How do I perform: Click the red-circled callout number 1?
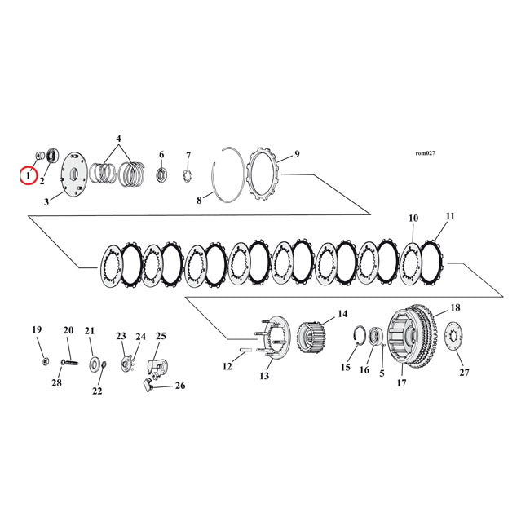28,174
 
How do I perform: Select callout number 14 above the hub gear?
342,314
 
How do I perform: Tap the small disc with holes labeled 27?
455,338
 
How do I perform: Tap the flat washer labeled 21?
95,363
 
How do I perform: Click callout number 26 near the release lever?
180,386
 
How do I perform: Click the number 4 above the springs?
119,139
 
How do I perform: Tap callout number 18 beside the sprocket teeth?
455,308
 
